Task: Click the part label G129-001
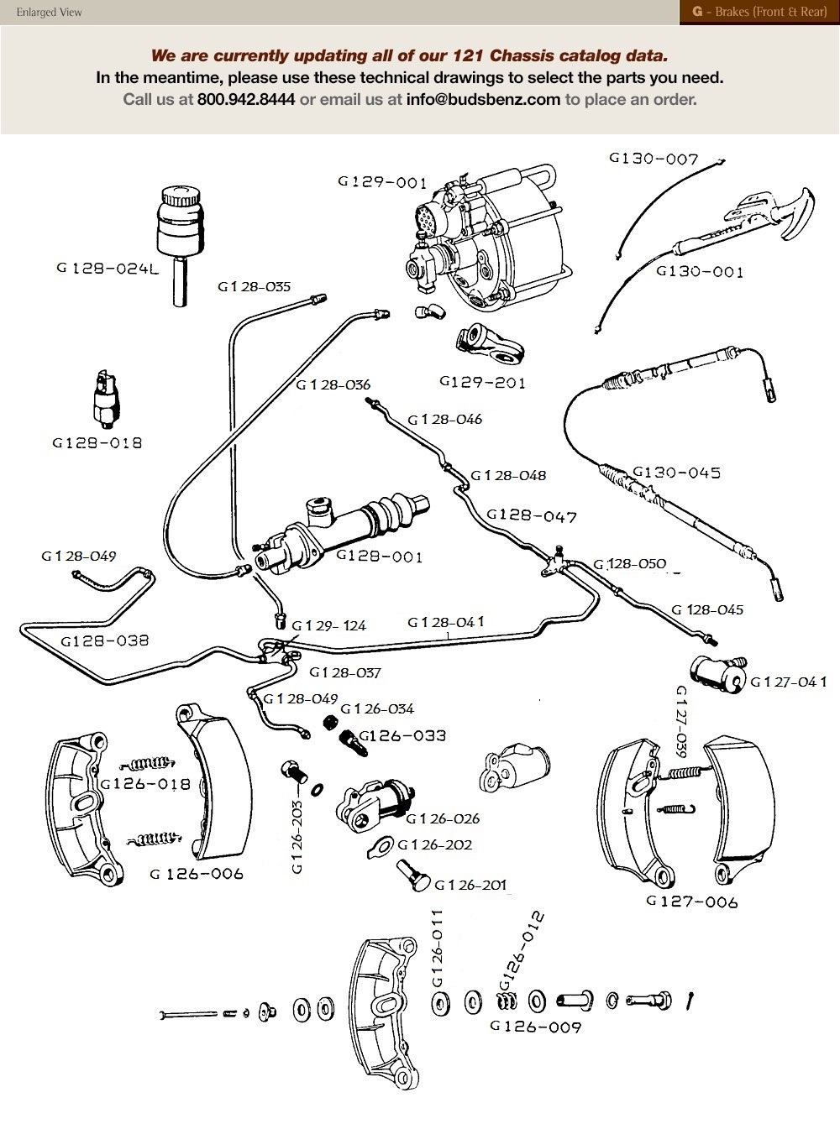(x=382, y=182)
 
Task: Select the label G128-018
(x=97, y=443)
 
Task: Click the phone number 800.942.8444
(x=246, y=99)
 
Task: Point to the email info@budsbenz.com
(x=483, y=99)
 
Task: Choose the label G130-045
(x=676, y=473)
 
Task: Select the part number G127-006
(x=692, y=902)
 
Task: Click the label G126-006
(x=197, y=874)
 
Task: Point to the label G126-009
(x=535, y=1026)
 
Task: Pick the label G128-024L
(x=108, y=269)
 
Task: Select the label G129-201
(x=482, y=382)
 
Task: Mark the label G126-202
(x=434, y=845)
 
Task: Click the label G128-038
(x=105, y=640)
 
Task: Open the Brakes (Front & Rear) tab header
(x=759, y=12)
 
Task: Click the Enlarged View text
(x=50, y=13)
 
